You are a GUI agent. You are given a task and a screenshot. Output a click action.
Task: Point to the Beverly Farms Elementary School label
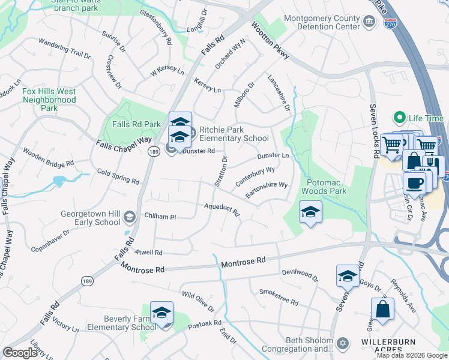122,323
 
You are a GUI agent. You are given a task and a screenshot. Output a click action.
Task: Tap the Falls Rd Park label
136,124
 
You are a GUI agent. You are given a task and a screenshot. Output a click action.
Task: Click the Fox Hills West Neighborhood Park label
49,100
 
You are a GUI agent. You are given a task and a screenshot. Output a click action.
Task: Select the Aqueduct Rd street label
221,209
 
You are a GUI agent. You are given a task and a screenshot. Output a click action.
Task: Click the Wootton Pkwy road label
271,41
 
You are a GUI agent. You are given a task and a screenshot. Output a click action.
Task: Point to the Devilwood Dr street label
300,275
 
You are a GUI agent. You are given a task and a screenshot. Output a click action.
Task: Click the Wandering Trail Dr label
64,49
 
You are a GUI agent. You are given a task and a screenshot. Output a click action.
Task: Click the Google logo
20,353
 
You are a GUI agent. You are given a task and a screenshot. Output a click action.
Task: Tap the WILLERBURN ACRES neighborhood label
388,346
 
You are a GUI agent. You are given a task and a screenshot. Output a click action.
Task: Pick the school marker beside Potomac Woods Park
310,212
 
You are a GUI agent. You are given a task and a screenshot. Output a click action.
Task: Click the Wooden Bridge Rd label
48,157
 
